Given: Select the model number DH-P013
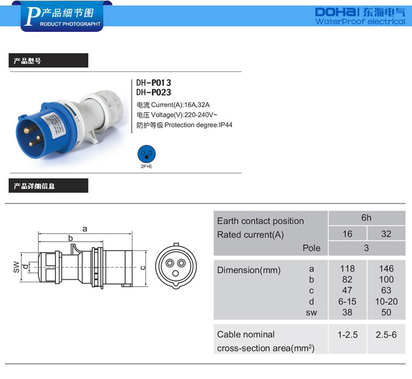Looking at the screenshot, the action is coord(153,83).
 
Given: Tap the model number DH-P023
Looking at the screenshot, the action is coord(153,92).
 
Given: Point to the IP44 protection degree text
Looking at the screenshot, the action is coord(226,125).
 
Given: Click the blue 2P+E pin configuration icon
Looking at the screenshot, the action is coord(147,154).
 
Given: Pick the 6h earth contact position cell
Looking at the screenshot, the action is coord(366,218).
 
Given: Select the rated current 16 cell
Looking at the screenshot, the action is coord(347,234).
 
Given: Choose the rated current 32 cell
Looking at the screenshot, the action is coord(386,234).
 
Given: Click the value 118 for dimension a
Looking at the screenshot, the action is coord(347,269).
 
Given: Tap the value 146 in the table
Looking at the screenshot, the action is coord(386,269).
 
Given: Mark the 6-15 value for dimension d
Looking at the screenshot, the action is coord(347,302).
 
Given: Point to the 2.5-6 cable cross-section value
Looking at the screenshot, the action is coord(386,335).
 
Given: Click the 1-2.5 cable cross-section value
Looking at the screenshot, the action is coord(348,335).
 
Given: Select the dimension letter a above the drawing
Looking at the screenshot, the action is coord(85,229).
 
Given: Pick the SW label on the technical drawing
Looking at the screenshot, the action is coord(16,267).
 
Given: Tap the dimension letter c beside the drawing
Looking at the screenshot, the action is coord(143,267).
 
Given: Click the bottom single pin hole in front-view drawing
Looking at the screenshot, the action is coord(175,274).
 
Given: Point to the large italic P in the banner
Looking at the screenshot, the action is coord(32,16).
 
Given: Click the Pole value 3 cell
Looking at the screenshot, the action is coord(366,248).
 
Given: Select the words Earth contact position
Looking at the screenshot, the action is coord(260,221).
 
